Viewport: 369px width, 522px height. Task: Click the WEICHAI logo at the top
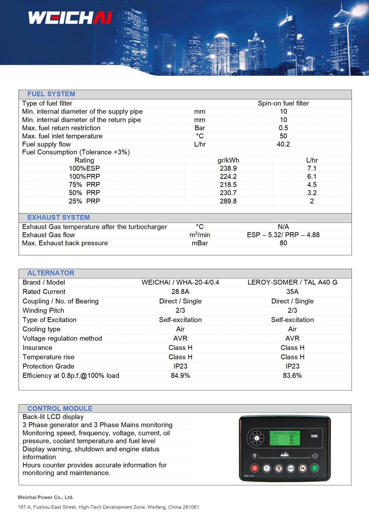pyautogui.click(x=70, y=18)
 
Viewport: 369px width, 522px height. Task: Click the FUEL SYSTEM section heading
pyautogui.click(x=51, y=94)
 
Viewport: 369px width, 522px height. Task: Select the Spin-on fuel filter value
pyautogui.click(x=283, y=103)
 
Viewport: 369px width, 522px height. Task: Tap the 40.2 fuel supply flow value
pyautogui.click(x=283, y=144)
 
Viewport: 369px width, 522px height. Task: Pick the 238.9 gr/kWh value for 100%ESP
pyautogui.click(x=228, y=168)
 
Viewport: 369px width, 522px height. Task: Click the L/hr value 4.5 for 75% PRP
pyautogui.click(x=312, y=185)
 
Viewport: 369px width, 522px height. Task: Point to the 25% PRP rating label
pyautogui.click(x=84, y=201)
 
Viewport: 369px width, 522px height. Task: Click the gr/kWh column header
pyautogui.click(x=228, y=160)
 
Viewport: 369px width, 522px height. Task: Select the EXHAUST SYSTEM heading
pyautogui.click(x=58, y=217)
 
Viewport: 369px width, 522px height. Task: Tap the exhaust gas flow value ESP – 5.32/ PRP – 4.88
pyautogui.click(x=283, y=235)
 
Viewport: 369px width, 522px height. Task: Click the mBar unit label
pyautogui.click(x=200, y=243)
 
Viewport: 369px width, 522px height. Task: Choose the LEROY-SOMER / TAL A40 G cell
pyautogui.click(x=292, y=282)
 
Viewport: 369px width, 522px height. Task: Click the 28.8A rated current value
pyautogui.click(x=180, y=292)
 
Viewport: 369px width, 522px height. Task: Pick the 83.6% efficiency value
pyautogui.click(x=292, y=375)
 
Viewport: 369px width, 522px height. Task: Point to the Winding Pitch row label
pyautogui.click(x=43, y=310)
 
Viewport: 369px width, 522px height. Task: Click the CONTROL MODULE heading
pyautogui.click(x=60, y=408)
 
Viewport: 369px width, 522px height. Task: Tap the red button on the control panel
pyautogui.click(x=255, y=468)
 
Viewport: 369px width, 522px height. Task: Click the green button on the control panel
pyautogui.click(x=315, y=468)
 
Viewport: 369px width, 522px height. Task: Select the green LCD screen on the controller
pyautogui.click(x=285, y=438)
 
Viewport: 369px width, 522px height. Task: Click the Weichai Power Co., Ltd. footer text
pyautogui.click(x=46, y=497)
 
